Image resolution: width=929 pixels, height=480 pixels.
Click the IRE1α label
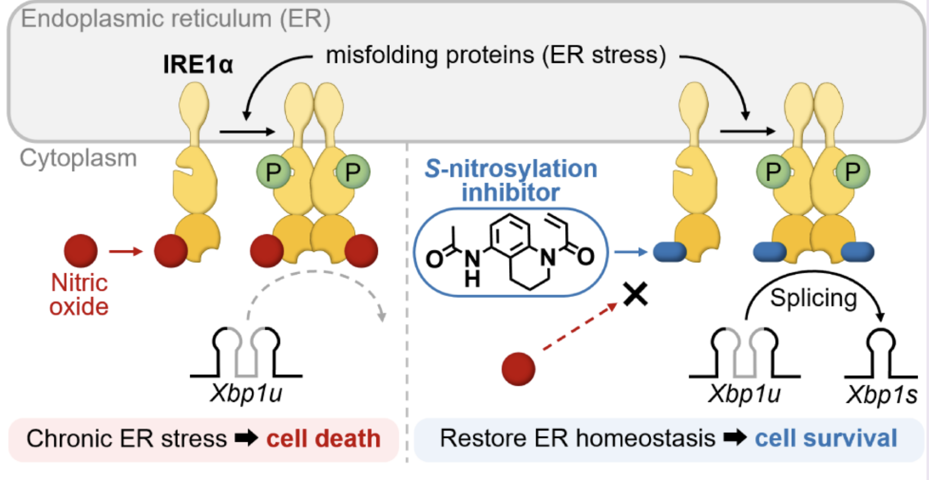pos(198,65)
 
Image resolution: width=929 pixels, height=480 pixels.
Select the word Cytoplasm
pos(78,159)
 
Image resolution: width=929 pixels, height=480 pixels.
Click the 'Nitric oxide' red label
pos(79,295)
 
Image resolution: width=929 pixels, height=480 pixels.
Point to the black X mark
pos(635,295)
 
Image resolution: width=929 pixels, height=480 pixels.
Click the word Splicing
pos(813,298)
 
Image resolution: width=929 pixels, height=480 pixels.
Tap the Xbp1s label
pos(881,395)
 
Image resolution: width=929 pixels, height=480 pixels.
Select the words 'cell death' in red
pos(323,439)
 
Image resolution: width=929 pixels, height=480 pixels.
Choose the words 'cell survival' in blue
pos(826,438)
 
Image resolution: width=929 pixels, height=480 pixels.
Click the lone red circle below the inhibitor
pos(518,369)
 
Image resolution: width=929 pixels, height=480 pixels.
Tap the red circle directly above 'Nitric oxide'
pos(81,251)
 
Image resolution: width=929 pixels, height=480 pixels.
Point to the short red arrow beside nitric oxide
pos(126,251)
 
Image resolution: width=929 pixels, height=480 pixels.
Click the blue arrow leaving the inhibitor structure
pos(630,252)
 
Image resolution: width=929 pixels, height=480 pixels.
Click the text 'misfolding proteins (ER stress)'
pos(496,55)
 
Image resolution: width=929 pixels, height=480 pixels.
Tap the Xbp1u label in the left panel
pos(246,394)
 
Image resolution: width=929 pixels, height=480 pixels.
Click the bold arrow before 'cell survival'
pos(734,438)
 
